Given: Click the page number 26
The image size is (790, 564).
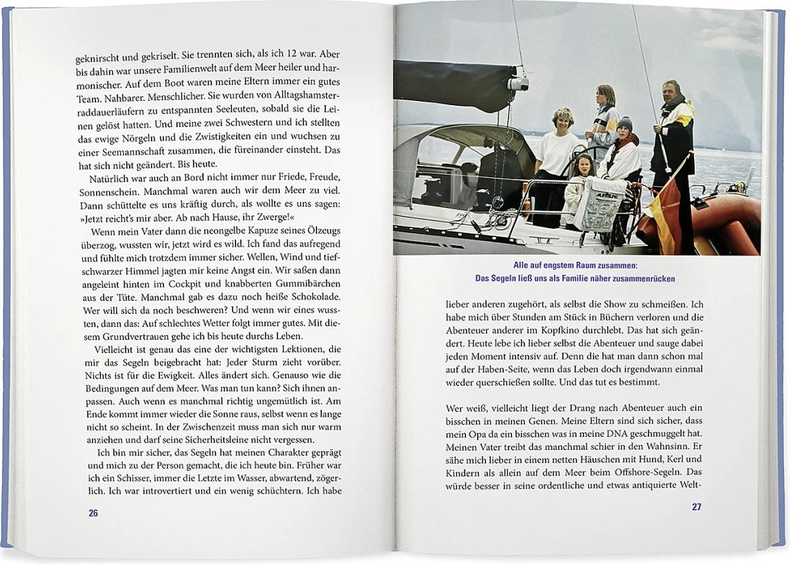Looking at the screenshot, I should tap(93, 512).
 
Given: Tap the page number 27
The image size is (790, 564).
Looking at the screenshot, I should tap(696, 507).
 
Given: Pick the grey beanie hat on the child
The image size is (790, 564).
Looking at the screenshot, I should tap(625, 124).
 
